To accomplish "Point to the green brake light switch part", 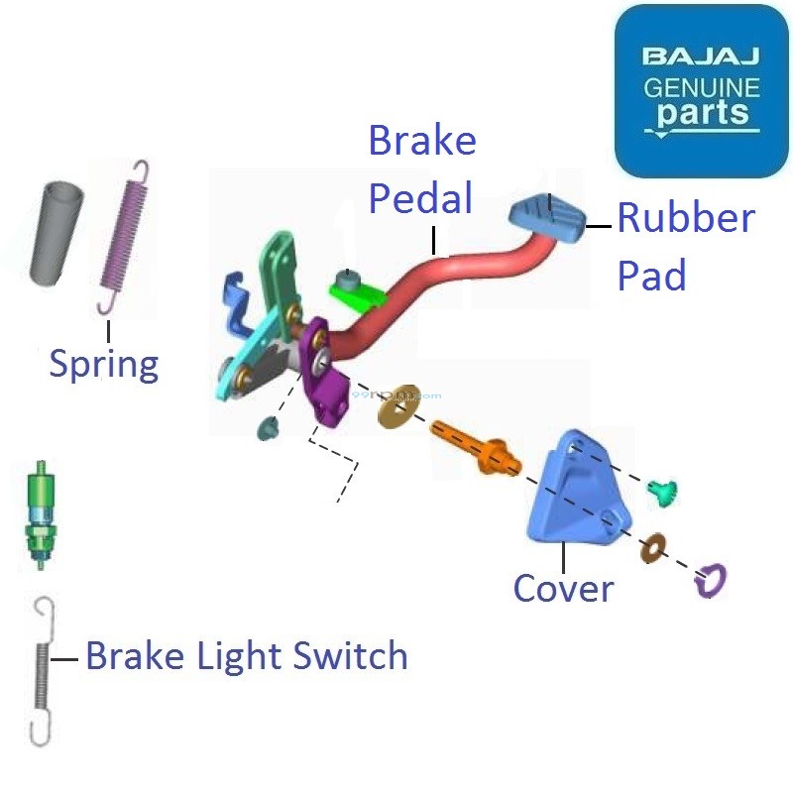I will (x=41, y=515).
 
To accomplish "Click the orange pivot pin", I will (x=473, y=446).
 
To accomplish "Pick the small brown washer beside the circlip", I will (x=653, y=546).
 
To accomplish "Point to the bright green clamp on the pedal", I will (x=357, y=290).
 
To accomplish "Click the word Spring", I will (x=104, y=364).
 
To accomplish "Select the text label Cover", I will (x=563, y=589).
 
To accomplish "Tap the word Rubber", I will (x=685, y=219).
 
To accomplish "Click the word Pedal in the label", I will (x=420, y=198).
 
